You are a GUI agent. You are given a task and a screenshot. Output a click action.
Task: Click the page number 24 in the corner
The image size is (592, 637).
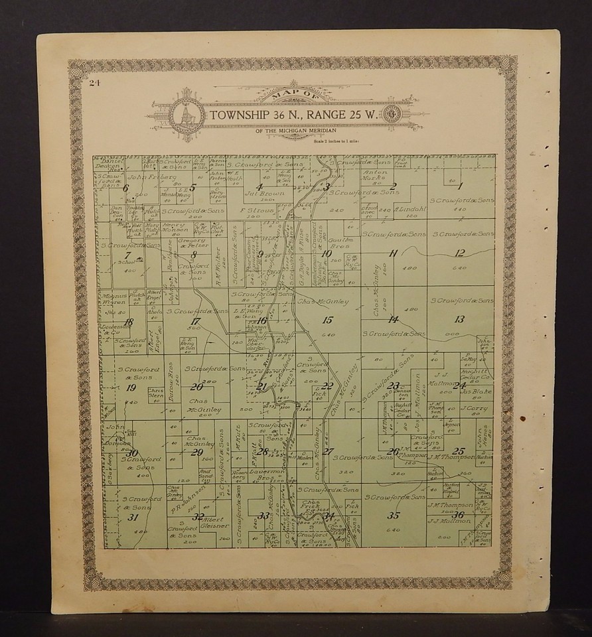[92, 83]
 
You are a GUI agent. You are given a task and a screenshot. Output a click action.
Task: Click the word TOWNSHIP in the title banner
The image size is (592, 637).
[242, 115]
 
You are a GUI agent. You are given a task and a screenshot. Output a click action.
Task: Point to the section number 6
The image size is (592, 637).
[125, 187]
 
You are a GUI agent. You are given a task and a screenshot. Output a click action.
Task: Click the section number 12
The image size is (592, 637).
[459, 253]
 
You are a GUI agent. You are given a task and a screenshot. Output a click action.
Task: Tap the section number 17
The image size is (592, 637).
[194, 321]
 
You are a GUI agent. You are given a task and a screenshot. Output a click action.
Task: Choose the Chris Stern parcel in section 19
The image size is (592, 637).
[155, 392]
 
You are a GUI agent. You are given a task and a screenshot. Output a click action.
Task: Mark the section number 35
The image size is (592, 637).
[394, 515]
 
